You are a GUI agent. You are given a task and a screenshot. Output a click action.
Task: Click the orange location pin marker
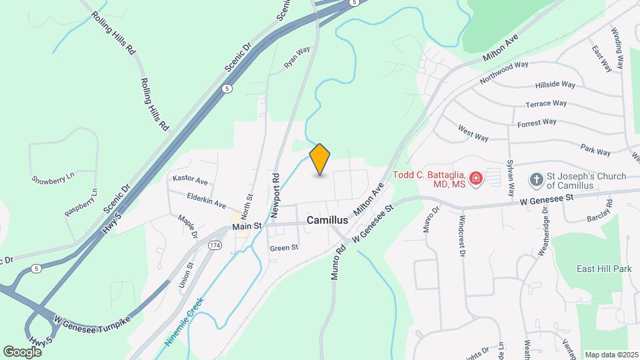[x=320, y=159]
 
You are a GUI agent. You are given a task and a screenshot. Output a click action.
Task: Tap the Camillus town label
[x=327, y=219]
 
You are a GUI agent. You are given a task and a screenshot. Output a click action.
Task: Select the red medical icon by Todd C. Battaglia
[x=475, y=178]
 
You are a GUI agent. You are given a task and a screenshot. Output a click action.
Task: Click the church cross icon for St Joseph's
[x=536, y=179]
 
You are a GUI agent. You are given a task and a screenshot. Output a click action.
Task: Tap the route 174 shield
[x=215, y=245]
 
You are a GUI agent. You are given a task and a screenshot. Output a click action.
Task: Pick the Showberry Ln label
[x=53, y=179]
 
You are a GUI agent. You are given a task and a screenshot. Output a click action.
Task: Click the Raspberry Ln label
[x=81, y=202]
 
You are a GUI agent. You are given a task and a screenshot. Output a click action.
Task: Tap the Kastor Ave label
[x=190, y=181]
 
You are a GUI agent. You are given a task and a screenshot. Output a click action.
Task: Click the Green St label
[x=284, y=247]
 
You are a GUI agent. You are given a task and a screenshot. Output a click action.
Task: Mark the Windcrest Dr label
[x=461, y=236]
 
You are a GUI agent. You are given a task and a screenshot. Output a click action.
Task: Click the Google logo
[x=22, y=351]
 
